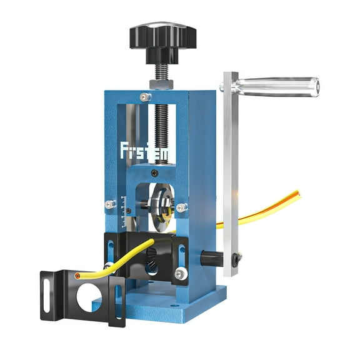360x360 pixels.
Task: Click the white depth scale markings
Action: tap(129, 209)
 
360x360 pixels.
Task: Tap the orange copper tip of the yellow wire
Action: tap(77, 275)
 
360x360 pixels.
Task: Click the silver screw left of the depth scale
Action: tap(109, 204)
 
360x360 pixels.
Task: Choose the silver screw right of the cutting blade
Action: tap(182, 207)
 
